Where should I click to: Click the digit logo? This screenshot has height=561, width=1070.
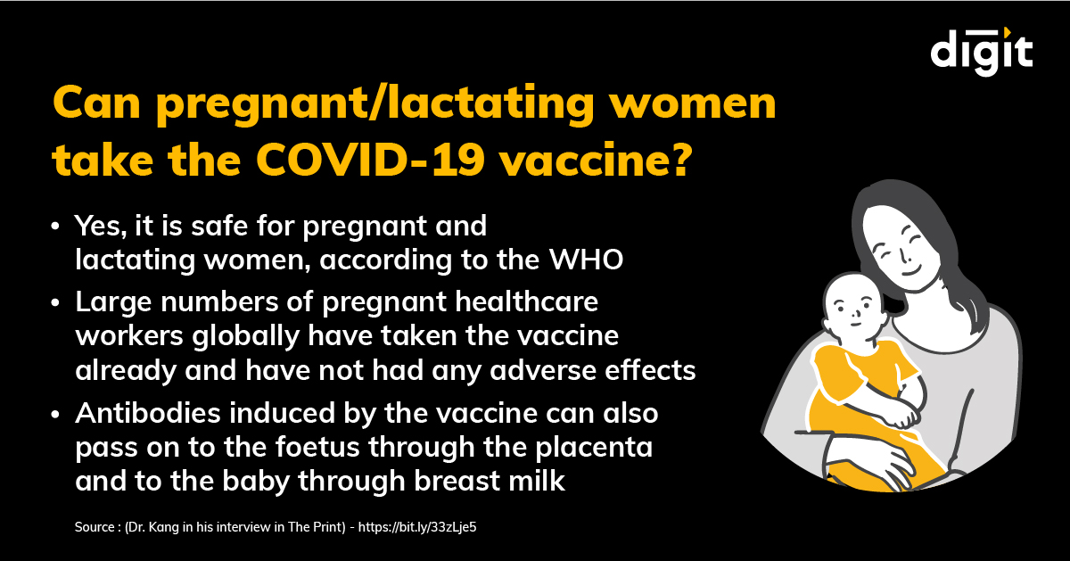point(982,51)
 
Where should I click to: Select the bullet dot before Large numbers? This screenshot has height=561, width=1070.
point(58,304)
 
